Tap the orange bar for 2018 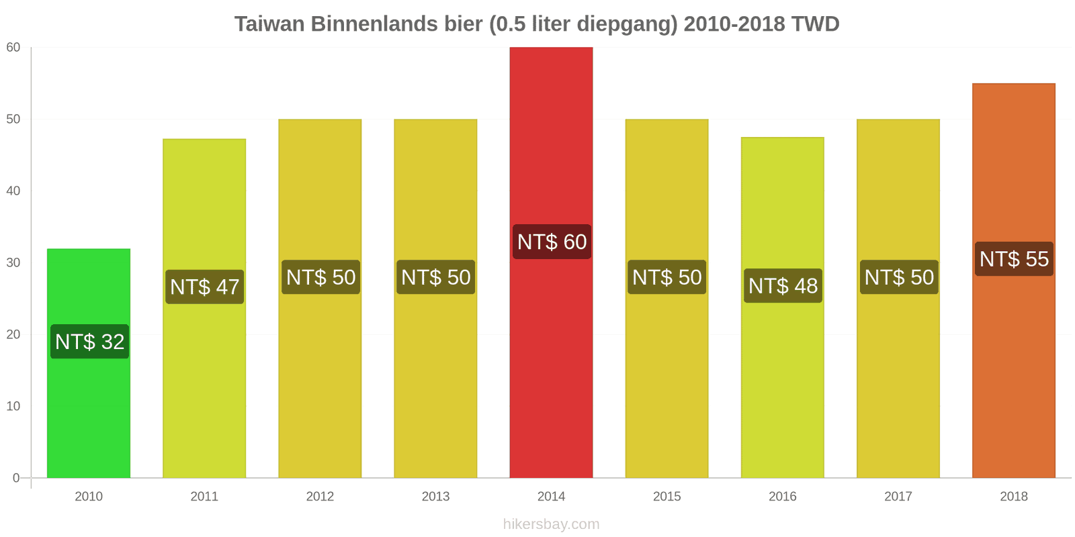1013,369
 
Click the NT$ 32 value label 89,342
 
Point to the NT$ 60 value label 552,242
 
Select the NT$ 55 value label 1014,259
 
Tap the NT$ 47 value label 204,287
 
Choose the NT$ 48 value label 783,286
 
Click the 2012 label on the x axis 320,497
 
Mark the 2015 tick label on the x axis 666,497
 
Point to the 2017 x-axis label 898,497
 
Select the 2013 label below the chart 435,497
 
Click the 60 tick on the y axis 13,48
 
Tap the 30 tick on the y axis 13,263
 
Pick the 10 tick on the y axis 13,407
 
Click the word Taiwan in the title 269,24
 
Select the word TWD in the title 815,24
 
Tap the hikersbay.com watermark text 551,524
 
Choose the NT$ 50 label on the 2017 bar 899,277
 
